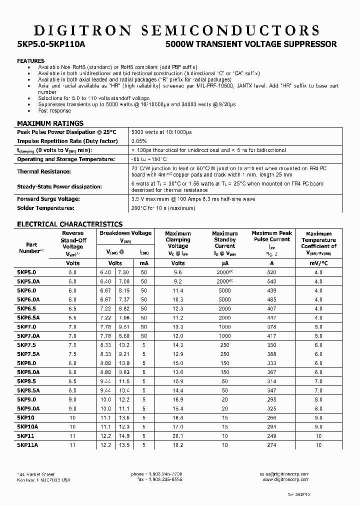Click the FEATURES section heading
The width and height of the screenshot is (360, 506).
31,61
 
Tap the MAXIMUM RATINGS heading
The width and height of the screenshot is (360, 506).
50,123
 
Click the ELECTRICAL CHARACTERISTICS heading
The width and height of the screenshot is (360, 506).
69,224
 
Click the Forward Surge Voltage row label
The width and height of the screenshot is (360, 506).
49,199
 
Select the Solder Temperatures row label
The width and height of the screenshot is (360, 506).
45,207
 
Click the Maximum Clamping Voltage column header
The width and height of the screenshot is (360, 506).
178,239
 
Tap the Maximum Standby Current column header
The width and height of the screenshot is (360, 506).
224,239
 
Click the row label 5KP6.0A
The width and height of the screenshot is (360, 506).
28,299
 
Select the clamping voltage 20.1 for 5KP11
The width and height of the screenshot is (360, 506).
178,435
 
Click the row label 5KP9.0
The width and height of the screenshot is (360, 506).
27,399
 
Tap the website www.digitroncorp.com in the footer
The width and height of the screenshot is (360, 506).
284,479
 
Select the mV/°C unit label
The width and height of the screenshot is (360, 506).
318,263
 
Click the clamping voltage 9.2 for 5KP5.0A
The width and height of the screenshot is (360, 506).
178,281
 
